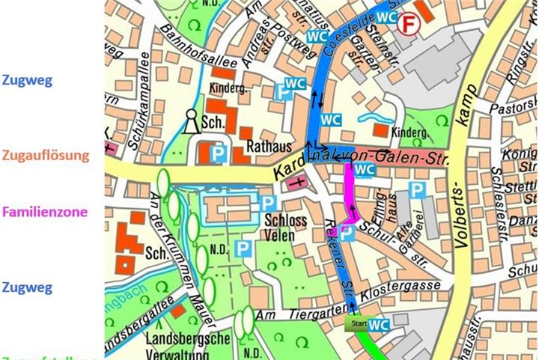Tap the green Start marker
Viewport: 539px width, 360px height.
click(356, 324)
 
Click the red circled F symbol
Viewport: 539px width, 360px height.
click(408, 25)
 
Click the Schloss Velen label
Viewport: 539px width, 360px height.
click(284, 227)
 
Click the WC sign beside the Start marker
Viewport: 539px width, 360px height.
click(379, 325)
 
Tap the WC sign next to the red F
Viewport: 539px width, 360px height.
click(386, 16)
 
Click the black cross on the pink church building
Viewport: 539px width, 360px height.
click(300, 182)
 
